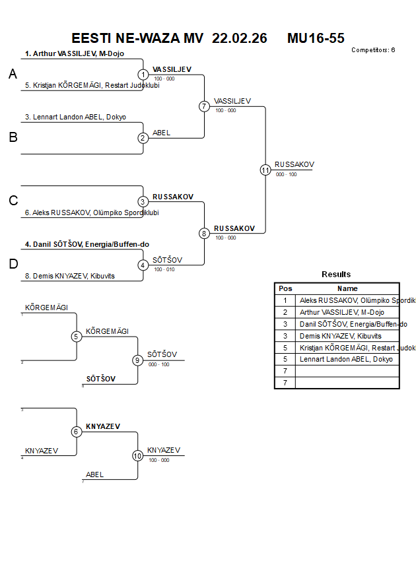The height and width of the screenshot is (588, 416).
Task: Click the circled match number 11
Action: [265, 170]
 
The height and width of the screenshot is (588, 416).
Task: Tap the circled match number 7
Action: [204, 106]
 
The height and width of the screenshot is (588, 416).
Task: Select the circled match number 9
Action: [137, 360]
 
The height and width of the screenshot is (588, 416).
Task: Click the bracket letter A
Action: [13, 75]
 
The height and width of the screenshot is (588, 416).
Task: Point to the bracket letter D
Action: [13, 264]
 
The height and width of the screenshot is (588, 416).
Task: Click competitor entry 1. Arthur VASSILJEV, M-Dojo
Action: [75, 54]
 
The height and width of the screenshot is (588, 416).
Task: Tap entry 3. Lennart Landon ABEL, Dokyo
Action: [75, 117]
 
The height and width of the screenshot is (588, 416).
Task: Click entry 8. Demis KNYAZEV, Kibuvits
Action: [69, 276]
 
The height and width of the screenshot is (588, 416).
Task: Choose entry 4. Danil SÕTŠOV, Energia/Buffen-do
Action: [87, 244]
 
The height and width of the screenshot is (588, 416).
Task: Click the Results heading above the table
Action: [336, 275]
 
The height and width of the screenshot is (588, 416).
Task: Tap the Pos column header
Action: [285, 288]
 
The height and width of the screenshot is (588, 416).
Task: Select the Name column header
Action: [347, 288]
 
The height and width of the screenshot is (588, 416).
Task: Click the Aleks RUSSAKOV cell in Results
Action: [348, 300]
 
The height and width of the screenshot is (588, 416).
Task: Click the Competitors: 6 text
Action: [373, 50]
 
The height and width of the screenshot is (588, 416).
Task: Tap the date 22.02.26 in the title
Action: [240, 38]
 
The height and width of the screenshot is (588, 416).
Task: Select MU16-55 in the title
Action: [316, 38]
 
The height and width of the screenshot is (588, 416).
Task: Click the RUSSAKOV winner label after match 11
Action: [295, 164]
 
